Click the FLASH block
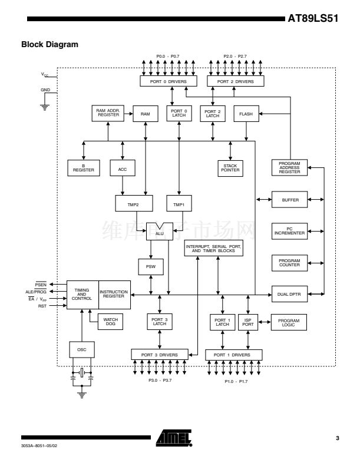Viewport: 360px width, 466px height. tap(246, 114)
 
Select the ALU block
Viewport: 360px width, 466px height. tap(160, 232)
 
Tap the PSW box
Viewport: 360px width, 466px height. tap(151, 267)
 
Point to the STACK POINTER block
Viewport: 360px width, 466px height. tap(230, 168)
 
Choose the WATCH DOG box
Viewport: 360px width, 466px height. tap(110, 322)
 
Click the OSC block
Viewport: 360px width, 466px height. tap(82, 349)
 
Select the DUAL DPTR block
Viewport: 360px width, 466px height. tap(289, 294)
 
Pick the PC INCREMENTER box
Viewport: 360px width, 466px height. tap(289, 231)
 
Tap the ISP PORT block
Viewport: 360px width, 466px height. tap(248, 322)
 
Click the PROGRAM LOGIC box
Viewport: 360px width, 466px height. tap(289, 322)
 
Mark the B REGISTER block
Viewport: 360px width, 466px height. tap(84, 168)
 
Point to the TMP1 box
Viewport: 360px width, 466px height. tap(179, 203)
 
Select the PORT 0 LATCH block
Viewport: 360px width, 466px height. tap(179, 113)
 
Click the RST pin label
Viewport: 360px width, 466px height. tap(42, 306)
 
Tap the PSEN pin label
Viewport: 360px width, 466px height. tap(41, 285)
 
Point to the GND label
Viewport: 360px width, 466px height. tap(45, 90)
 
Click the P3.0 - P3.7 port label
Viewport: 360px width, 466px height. tap(160, 381)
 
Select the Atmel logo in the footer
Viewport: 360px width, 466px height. tap(174, 438)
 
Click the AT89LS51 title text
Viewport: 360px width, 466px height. tap(313, 18)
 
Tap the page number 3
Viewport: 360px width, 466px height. tap(338, 438)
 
